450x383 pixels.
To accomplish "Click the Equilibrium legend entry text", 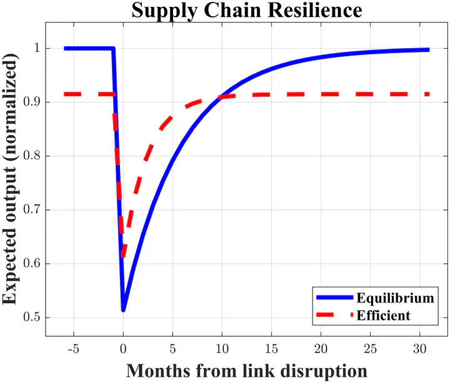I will click(394, 297).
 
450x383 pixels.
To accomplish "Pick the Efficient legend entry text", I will click(383, 315).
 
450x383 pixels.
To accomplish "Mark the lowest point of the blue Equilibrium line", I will click(123, 310).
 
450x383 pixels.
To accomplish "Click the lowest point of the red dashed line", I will click(123, 256).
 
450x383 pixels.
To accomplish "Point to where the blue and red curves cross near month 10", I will click(221, 97).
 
